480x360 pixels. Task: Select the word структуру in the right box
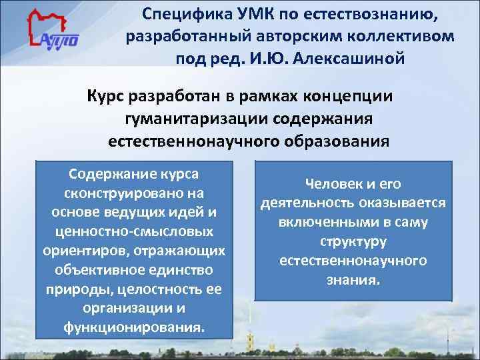point(353,241)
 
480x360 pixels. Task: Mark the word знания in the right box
point(351,280)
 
